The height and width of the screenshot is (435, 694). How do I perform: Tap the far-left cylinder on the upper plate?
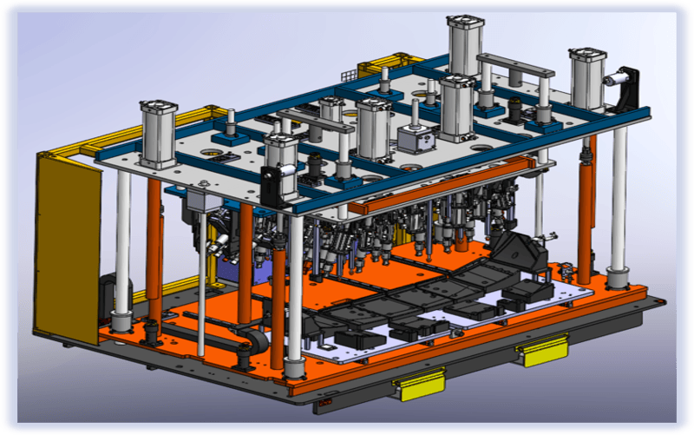pos(158,135)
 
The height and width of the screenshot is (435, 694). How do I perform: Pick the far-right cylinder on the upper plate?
pos(587,78)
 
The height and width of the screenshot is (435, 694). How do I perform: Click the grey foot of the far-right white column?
pos(618,279)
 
